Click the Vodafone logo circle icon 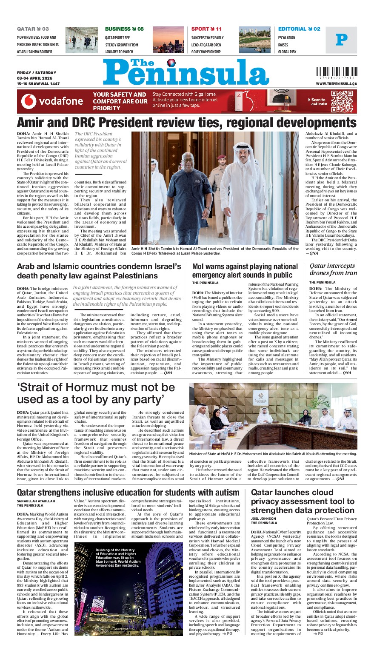click(x=29, y=101)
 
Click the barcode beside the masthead click(x=337, y=73)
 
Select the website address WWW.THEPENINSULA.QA click(x=336, y=84)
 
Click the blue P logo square click(x=341, y=40)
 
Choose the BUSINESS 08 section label click(x=124, y=29)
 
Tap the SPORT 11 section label click(x=206, y=29)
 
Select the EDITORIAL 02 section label click(x=299, y=29)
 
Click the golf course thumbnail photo click(x=254, y=40)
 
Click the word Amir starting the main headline click(x=34, y=123)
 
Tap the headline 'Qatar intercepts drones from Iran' click(x=333, y=269)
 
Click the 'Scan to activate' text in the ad click(x=318, y=101)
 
